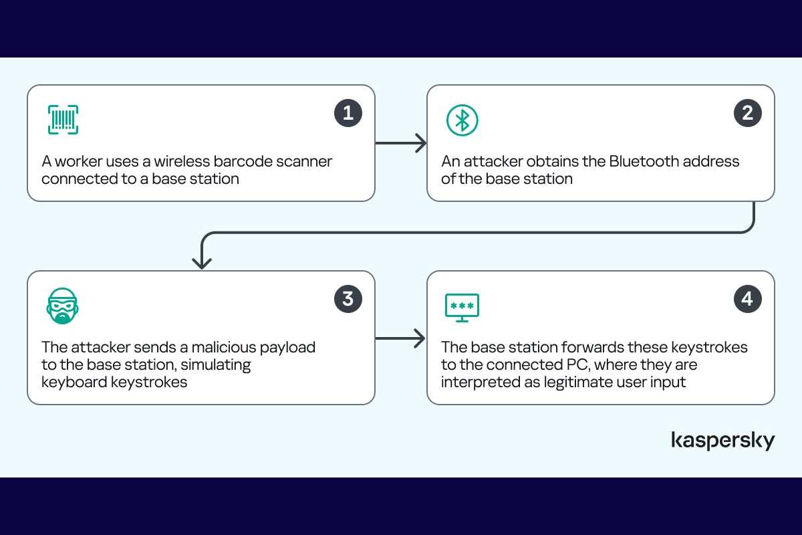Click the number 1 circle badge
tap(348, 113)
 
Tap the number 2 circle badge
tap(748, 113)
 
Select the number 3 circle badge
tap(348, 299)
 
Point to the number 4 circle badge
tap(748, 299)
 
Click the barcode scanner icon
tap(63, 120)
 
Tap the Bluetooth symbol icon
tap(462, 120)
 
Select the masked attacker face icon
tap(62, 306)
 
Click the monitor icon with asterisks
tap(462, 308)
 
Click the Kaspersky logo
tap(723, 441)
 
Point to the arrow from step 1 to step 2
tap(401, 143)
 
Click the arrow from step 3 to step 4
tap(400, 338)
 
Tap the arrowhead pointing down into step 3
tap(202, 263)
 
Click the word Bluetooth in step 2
tap(644, 161)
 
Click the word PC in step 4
tap(578, 364)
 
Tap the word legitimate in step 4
tap(579, 383)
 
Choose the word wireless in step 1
tap(182, 161)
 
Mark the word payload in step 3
tap(287, 348)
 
